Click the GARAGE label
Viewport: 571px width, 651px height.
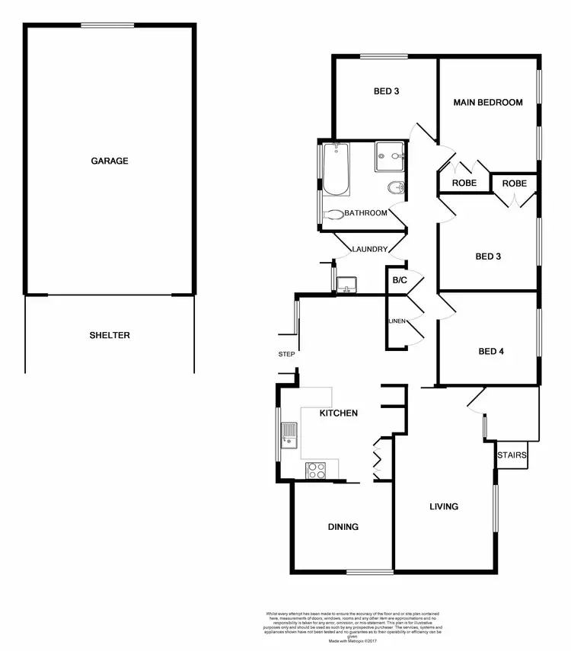pos(110,161)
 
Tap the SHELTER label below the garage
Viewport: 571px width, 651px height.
pos(110,335)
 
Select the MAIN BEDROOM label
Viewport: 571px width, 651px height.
pos(488,102)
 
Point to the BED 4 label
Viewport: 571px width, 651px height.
pos(491,352)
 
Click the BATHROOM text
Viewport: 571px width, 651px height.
pos(365,213)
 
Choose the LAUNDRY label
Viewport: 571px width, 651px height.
pos(371,249)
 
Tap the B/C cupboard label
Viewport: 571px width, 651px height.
pos(400,281)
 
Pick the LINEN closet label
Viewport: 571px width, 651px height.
pos(397,321)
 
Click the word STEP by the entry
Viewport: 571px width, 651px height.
pos(286,354)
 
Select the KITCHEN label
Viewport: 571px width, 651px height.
pos(338,413)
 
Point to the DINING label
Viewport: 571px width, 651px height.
pos(343,526)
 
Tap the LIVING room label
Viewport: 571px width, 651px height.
pos(444,506)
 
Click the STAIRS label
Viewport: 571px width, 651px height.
pos(511,455)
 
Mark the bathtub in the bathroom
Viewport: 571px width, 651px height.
pos(335,170)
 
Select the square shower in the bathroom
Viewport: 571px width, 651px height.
pos(391,157)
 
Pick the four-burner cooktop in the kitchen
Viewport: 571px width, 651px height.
pos(315,471)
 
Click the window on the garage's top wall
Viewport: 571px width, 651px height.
pos(109,26)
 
